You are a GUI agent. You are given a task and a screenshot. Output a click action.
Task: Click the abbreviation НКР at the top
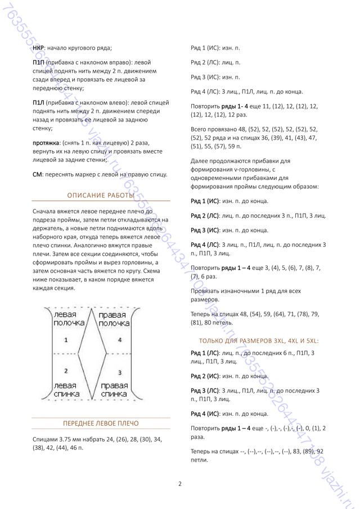tap(38, 48)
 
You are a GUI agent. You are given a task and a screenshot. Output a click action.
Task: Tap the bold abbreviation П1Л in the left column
tap(39, 103)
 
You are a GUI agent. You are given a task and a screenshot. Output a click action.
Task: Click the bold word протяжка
tap(46, 143)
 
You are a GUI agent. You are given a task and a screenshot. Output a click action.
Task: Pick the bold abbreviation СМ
tap(37, 174)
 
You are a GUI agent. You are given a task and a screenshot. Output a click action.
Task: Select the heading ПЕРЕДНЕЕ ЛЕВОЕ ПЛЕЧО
tap(101, 424)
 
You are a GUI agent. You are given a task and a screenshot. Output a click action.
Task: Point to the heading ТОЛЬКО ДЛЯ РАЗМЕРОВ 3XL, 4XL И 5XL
tap(259, 341)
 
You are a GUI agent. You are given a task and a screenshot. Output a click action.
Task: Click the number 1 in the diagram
tap(66, 340)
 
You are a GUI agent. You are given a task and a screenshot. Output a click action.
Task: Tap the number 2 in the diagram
tap(66, 371)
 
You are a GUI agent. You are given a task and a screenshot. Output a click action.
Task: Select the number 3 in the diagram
tap(119, 373)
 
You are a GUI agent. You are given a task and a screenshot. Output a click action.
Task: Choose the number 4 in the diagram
tap(119, 340)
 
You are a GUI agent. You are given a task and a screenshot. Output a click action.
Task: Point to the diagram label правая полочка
tap(116, 319)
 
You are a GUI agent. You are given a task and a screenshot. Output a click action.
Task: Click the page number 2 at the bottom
tap(179, 484)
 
